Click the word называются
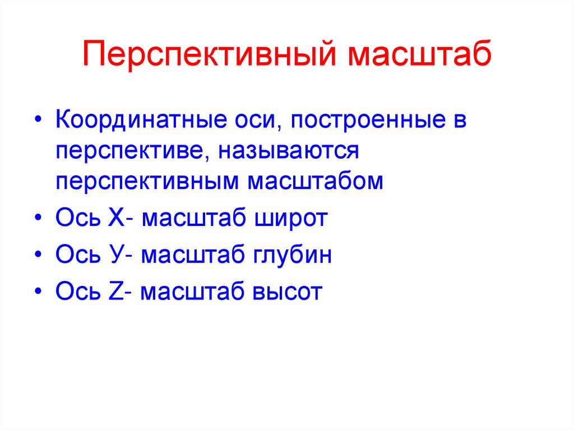[289, 151]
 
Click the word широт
[291, 218]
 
